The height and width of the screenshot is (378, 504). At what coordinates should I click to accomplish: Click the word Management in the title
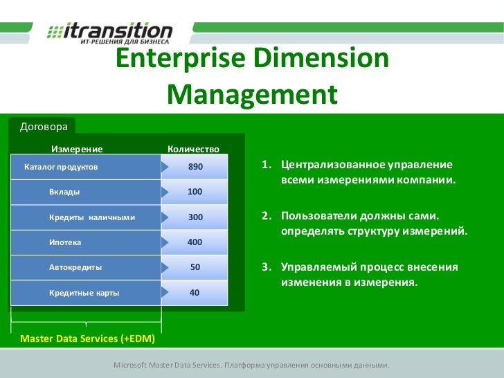coord(251,93)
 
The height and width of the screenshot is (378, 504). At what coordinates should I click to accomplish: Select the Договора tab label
coord(44,127)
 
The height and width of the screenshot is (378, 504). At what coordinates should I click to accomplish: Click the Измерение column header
coord(77,148)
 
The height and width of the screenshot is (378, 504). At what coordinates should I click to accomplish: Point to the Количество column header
coord(194,148)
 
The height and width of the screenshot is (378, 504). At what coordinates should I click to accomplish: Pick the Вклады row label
coord(64,192)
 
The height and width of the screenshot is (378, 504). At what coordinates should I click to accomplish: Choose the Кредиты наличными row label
coord(91,217)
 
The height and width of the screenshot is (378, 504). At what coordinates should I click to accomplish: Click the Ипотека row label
coord(65,242)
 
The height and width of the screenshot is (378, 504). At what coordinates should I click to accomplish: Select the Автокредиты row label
coord(75,267)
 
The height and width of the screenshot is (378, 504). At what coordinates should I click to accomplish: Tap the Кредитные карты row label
coord(84,293)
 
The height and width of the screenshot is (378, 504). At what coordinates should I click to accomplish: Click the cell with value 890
coord(195,167)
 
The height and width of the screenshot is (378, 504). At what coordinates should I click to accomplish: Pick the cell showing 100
coord(195,192)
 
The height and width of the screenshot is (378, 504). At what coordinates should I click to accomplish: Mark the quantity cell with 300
coord(195,217)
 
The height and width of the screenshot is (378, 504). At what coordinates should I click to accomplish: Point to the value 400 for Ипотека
coord(195,242)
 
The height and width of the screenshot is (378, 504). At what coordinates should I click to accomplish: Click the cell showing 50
coord(195,267)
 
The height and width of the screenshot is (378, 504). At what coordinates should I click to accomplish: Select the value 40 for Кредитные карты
coord(195,293)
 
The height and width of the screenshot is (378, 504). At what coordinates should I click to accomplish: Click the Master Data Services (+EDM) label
coord(88,339)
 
